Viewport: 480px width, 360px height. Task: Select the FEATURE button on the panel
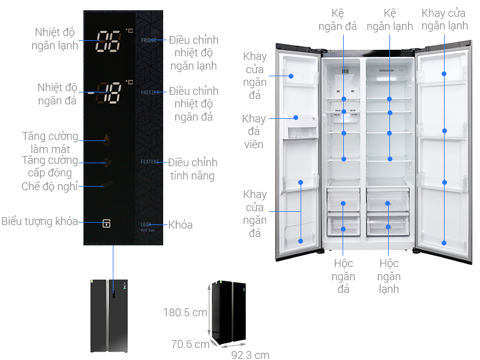149,162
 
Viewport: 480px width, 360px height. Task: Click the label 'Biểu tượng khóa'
40,221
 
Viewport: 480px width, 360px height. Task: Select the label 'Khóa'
181,225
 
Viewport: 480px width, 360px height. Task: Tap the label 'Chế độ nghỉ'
50,186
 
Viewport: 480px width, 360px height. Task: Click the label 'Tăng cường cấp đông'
49,167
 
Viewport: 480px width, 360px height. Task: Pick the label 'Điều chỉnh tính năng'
193,169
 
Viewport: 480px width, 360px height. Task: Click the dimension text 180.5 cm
185,313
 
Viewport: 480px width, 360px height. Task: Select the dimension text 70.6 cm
190,344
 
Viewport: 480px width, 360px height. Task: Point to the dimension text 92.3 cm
250,355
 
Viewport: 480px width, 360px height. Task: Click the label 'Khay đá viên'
253,131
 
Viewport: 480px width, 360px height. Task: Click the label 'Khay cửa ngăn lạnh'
445,19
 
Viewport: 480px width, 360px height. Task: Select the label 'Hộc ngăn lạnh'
389,277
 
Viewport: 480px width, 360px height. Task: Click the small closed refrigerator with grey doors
109,316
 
